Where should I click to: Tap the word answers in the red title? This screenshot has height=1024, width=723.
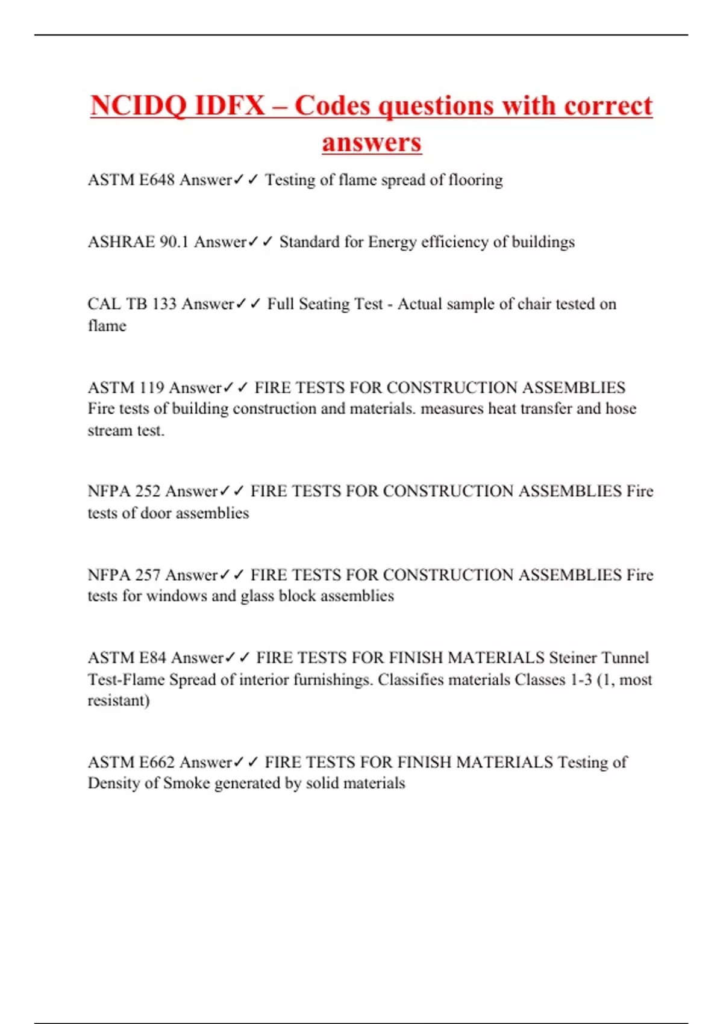[x=371, y=143]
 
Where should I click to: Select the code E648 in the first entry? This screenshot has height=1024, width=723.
[x=157, y=180]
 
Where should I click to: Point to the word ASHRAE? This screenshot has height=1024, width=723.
[x=121, y=242]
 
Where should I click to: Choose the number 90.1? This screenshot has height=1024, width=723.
[x=174, y=242]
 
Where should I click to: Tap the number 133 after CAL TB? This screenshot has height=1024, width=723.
[x=164, y=304]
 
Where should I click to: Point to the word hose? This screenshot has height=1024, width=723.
[x=621, y=409]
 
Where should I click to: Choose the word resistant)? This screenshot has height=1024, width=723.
[x=119, y=701]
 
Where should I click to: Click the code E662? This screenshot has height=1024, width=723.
[x=157, y=763]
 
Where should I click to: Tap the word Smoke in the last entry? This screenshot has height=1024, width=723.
[x=186, y=784]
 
